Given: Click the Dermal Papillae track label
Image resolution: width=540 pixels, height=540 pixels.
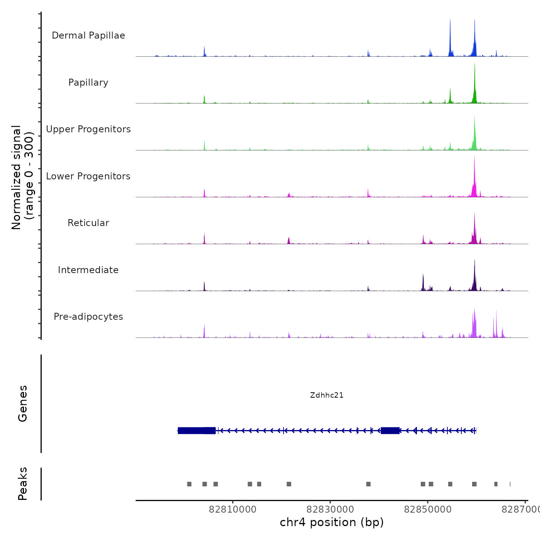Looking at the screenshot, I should [88, 35].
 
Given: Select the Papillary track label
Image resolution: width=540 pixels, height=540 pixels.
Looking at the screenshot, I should [88, 83].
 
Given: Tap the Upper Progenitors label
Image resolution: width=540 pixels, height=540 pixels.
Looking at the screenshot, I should [88, 129].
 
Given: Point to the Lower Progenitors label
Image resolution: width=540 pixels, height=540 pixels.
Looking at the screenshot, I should [88, 176].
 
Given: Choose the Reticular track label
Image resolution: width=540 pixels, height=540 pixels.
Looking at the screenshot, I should [88, 223].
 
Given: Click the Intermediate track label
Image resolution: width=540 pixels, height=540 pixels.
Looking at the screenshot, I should [88, 270].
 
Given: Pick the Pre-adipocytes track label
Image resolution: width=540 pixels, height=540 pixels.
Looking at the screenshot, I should [88, 317].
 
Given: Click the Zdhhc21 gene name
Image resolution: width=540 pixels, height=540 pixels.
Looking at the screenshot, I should [327, 395].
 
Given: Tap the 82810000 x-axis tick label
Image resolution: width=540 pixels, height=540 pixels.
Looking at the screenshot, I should [233, 510].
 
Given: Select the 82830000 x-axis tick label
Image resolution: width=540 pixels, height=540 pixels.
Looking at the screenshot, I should [330, 510].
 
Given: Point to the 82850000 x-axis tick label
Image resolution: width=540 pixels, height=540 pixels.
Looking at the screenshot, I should [428, 510].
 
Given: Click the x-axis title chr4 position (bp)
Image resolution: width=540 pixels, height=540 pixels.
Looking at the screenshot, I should [332, 522].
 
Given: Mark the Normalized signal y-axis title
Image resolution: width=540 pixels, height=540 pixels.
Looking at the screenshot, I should [22, 177].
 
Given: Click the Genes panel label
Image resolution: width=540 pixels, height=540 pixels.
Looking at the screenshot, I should [23, 403].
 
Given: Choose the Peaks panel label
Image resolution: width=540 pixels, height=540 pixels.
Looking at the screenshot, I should [23, 484].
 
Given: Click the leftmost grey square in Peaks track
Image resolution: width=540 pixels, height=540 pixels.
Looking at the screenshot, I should [189, 484].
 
